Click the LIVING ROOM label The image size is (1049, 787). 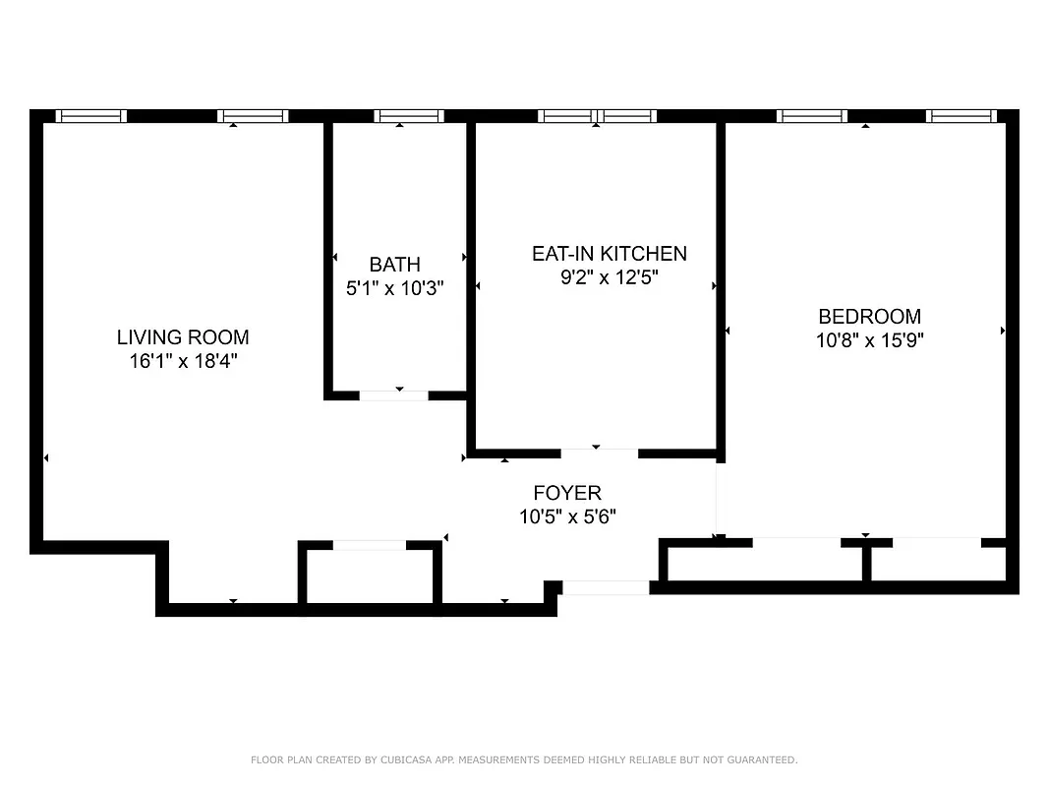click(x=183, y=337)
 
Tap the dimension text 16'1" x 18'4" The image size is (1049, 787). click(x=183, y=361)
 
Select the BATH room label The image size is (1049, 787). click(x=394, y=265)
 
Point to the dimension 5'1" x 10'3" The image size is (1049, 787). click(x=394, y=288)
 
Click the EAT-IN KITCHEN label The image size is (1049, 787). click(x=609, y=254)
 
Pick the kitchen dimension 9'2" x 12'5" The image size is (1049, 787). click(x=609, y=277)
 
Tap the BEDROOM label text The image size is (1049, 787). click(x=869, y=317)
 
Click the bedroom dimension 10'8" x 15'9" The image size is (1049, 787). click(x=869, y=340)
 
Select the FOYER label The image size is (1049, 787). click(x=567, y=493)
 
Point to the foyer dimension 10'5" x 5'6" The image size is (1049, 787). click(x=567, y=516)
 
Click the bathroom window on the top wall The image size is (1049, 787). click(x=409, y=116)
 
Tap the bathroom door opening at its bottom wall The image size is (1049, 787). click(x=394, y=395)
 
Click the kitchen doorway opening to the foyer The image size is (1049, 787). click(x=599, y=454)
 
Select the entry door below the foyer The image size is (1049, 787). click(x=605, y=588)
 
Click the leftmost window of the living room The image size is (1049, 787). click(x=90, y=116)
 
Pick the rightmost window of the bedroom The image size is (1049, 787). click(x=962, y=116)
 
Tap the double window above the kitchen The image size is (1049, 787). click(x=597, y=116)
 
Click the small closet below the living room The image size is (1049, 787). click(x=370, y=575)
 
